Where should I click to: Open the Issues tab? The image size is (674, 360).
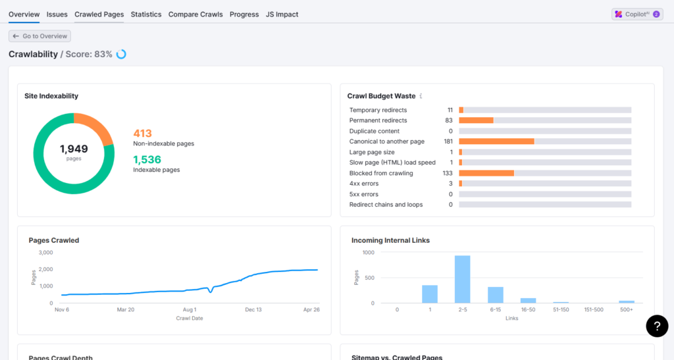click(x=57, y=14)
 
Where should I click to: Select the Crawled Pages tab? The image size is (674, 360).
click(x=99, y=14)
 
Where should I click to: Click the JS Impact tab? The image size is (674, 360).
click(x=282, y=14)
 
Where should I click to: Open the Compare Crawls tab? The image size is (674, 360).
click(x=195, y=14)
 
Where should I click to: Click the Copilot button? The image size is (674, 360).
click(x=637, y=14)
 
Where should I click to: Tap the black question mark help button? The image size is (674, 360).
click(x=657, y=326)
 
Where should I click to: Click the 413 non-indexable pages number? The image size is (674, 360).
click(x=142, y=133)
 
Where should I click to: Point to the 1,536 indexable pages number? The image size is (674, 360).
click(x=147, y=159)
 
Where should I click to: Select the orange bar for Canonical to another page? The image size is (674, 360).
click(x=496, y=141)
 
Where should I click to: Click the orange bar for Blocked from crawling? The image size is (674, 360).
click(x=486, y=173)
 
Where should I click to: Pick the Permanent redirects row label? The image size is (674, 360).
click(x=378, y=120)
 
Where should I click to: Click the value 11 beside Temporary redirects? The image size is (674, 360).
click(x=450, y=110)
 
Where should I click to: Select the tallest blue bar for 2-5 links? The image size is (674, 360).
click(x=462, y=279)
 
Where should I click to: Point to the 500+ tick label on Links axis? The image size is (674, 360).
click(x=627, y=309)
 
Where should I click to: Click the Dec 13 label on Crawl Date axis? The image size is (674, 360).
click(x=253, y=309)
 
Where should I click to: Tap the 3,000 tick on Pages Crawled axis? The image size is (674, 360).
click(x=45, y=253)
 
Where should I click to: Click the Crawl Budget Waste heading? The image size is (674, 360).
click(x=381, y=96)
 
